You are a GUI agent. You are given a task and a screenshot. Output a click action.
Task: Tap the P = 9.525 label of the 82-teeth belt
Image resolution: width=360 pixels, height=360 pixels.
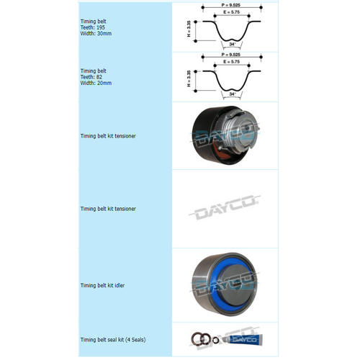pos(230,55)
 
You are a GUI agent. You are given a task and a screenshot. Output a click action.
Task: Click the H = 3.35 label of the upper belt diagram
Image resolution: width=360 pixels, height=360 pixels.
pos(189,28)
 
